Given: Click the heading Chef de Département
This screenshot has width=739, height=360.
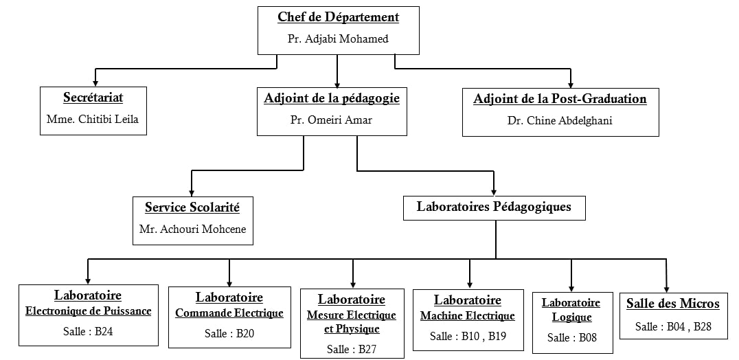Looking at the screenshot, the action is pos(339,18).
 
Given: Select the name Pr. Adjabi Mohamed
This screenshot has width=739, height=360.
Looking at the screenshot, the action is pos(338,39).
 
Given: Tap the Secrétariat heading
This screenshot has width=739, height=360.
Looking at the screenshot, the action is pos(93,98).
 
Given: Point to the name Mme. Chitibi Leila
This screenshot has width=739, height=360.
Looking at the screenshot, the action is pos(93,120).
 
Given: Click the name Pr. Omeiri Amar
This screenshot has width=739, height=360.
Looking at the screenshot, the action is pos(331,120).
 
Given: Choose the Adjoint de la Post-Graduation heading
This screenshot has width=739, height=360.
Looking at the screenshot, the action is pos(560,100).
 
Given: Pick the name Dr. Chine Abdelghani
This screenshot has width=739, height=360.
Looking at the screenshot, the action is pos(560,121).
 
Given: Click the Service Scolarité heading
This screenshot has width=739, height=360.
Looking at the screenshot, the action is pos(192,207).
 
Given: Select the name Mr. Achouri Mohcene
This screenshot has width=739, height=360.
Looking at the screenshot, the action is pos(192,229).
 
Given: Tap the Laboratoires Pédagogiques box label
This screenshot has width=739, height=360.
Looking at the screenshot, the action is pos(494,207).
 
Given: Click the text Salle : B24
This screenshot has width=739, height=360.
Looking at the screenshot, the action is pos(88,331).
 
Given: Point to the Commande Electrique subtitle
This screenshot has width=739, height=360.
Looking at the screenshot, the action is pos(229,313).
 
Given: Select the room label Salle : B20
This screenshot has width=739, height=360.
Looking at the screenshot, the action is pos(229,334).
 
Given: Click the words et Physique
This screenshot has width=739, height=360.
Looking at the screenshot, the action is pos(352,329).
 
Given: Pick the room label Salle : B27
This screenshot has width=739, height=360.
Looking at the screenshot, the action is pos(352,349).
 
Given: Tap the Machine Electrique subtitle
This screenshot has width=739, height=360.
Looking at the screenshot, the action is pos(468,316).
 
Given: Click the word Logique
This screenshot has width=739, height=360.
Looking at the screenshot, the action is pos(571,317).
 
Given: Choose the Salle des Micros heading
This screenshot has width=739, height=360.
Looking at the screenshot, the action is pos(673,304).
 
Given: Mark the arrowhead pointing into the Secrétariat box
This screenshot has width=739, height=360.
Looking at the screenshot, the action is pos(95,83).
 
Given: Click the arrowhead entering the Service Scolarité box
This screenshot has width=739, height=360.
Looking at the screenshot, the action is pos(192,193).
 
